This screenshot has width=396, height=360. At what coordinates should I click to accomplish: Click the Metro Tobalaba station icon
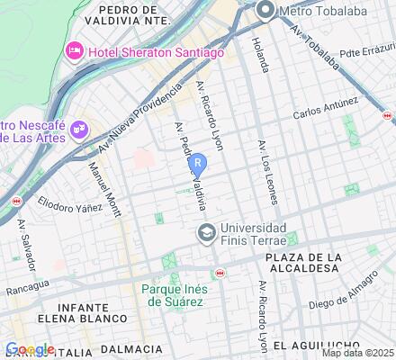[x=265, y=10]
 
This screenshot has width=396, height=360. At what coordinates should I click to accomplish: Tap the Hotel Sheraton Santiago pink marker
[x=71, y=53]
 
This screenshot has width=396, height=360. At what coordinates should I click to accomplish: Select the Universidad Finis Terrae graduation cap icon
[x=207, y=234]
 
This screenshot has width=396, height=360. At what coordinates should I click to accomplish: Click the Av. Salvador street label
[x=24, y=244]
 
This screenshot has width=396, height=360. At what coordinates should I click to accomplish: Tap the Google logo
[x=30, y=349]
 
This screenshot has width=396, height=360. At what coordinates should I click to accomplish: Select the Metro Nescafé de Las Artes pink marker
[x=78, y=130]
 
